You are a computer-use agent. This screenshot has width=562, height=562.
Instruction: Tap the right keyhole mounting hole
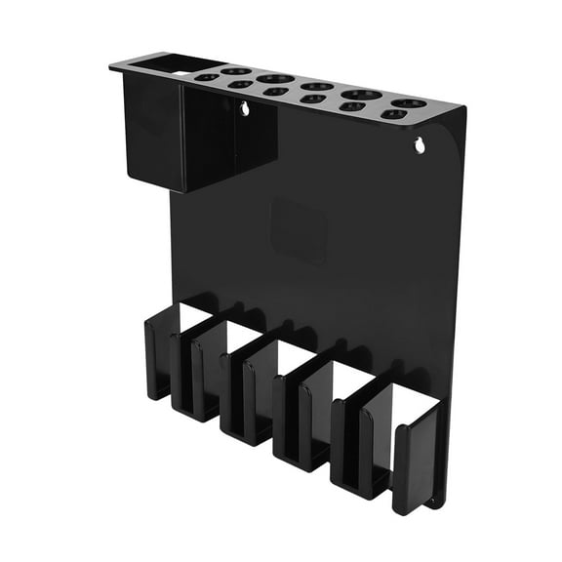coord(420,146)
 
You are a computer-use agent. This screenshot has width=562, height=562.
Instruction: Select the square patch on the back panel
coord(298,229)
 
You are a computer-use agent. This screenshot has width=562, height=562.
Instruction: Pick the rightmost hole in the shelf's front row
coord(393,114)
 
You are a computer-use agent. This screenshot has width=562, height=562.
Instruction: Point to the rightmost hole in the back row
coord(409,102)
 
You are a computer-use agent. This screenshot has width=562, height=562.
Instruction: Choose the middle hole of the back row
coord(314,87)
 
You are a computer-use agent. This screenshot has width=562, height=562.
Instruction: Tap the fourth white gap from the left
coord(352,376)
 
